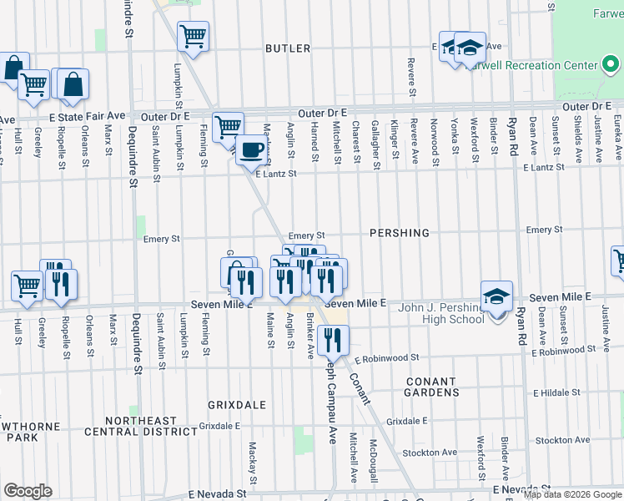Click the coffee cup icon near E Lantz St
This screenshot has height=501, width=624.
[251, 150]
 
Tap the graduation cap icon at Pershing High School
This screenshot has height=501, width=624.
[496, 296]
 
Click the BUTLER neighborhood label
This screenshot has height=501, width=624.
[288, 49]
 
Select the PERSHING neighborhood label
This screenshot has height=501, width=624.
[399, 233]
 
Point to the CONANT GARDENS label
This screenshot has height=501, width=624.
[431, 387]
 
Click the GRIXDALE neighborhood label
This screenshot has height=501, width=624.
[239, 405]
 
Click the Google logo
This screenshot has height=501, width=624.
[28, 491]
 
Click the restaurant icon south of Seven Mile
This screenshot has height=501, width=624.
[333, 339]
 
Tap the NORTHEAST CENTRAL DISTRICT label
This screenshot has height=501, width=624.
[147, 426]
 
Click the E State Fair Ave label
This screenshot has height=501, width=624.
[87, 116]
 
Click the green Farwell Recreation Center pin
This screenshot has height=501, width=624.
[611, 65]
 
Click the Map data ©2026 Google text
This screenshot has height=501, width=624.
[572, 494]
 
